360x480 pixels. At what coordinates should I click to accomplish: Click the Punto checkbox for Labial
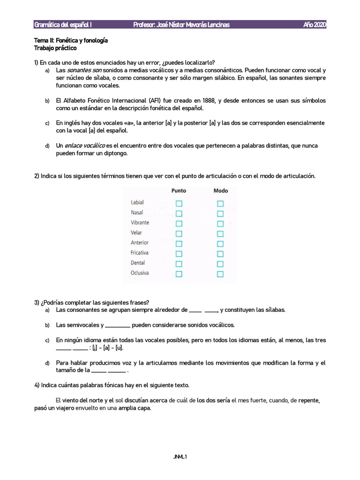pos(179,203)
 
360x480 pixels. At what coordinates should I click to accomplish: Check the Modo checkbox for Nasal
pos(220,214)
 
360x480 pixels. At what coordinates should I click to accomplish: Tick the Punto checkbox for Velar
pos(179,233)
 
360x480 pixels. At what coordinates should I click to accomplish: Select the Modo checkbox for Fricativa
pos(220,254)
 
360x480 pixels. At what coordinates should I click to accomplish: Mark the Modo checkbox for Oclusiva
pos(220,274)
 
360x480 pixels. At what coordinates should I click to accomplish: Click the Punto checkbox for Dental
pos(179,264)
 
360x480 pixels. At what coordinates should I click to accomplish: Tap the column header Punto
pos(179,191)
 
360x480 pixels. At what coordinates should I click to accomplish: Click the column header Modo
pos(220,191)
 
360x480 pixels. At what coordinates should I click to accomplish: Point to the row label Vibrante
pos(140,223)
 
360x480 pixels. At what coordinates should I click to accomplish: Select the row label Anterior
pos(139,243)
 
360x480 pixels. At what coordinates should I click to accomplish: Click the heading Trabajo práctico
pos(55,48)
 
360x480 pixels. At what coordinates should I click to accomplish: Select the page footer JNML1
pos(180,456)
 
